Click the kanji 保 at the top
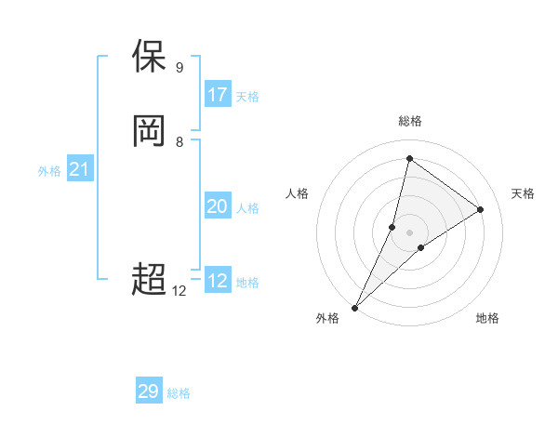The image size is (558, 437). [x=150, y=57]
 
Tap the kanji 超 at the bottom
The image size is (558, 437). [x=150, y=278]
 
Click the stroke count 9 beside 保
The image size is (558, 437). [x=179, y=68]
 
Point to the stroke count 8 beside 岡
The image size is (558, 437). [x=179, y=142]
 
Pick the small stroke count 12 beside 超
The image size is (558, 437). [x=179, y=291]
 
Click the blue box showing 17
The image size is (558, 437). [x=218, y=95]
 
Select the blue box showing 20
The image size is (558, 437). [x=218, y=206]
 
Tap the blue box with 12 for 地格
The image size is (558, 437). [x=218, y=281]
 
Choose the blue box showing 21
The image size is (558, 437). [x=80, y=169]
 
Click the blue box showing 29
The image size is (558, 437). [x=149, y=391]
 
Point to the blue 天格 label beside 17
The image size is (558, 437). [x=247, y=97]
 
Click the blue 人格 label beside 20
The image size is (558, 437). [x=247, y=208]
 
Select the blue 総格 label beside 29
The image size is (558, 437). [x=179, y=393]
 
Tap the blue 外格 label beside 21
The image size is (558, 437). [x=49, y=171]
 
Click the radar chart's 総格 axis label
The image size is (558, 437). [x=409, y=121]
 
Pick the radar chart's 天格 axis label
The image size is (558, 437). [x=523, y=193]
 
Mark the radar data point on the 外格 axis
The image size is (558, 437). [x=354, y=308]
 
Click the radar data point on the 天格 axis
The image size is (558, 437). [x=481, y=209]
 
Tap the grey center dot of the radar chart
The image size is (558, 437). [x=409, y=232]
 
